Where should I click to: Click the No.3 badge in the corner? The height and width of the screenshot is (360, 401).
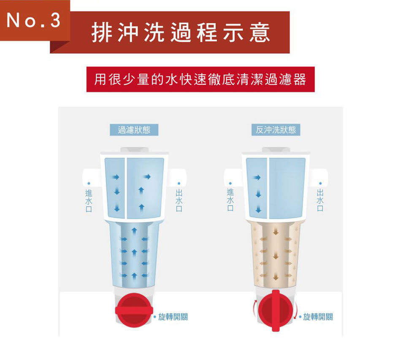pyautogui.click(x=35, y=20)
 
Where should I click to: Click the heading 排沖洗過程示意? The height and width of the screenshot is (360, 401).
pyautogui.click(x=181, y=32)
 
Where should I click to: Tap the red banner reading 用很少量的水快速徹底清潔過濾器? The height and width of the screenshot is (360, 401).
pyautogui.click(x=200, y=79)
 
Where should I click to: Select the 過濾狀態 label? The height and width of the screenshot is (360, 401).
pyautogui.click(x=134, y=130)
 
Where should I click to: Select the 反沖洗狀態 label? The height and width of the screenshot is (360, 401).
pyautogui.click(x=276, y=130)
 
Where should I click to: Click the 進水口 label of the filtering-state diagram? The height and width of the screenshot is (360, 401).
pyautogui.click(x=89, y=200)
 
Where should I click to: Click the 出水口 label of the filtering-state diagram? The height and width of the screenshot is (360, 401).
pyautogui.click(x=179, y=200)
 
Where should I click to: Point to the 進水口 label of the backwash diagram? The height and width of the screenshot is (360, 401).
pyautogui.click(x=230, y=200)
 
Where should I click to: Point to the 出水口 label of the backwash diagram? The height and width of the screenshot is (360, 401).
pyautogui.click(x=320, y=200)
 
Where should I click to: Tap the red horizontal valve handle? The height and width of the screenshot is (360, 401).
pyautogui.click(x=134, y=311)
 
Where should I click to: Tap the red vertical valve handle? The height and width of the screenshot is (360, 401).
pyautogui.click(x=276, y=311)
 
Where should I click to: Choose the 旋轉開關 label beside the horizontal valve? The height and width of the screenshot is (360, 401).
pyautogui.click(x=173, y=317)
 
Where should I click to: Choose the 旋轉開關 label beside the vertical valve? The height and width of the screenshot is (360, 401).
pyautogui.click(x=318, y=317)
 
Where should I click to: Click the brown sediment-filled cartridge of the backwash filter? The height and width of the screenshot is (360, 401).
pyautogui.click(x=276, y=254)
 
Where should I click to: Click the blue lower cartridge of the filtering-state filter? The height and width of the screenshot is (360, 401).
pyautogui.click(x=134, y=254)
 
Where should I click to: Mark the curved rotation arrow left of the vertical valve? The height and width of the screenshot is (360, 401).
pyautogui.click(x=255, y=309)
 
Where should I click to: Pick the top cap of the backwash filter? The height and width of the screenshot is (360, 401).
pyautogui.click(x=276, y=149)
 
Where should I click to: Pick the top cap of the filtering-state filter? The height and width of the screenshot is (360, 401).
pyautogui.click(x=135, y=149)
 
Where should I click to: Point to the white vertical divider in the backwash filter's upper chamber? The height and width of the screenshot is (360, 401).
pyautogui.click(x=268, y=188)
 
